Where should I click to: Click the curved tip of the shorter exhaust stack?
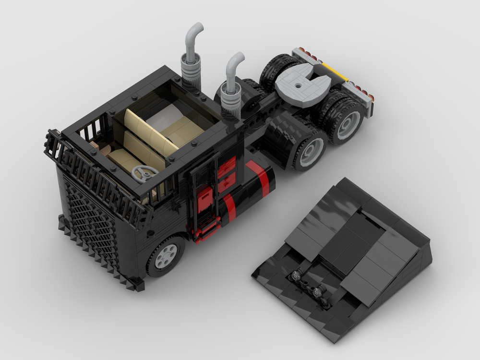tap(237, 60)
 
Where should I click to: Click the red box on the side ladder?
tap(205, 197)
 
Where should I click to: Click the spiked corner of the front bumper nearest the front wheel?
tap(140, 285)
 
